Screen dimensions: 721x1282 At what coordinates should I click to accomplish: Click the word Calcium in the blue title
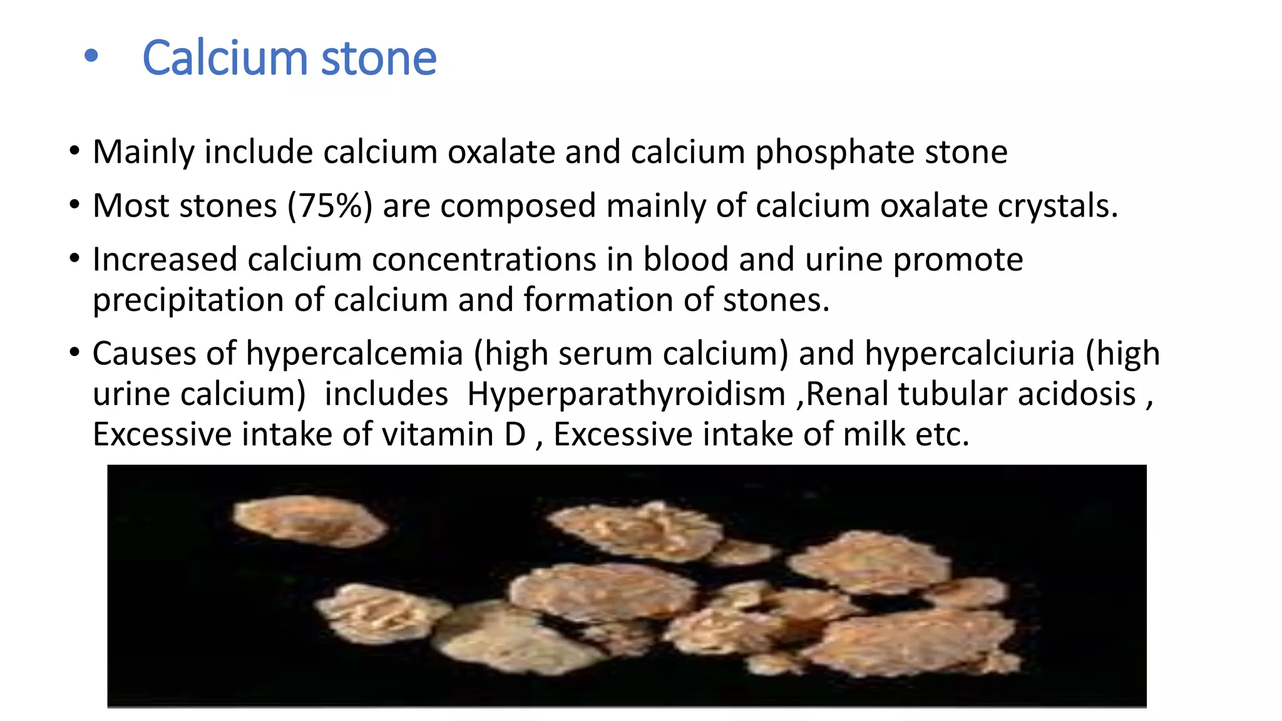(x=225, y=58)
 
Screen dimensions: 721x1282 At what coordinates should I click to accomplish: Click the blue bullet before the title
(x=91, y=56)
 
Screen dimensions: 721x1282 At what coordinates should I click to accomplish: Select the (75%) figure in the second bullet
(x=330, y=206)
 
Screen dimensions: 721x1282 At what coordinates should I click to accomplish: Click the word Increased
(x=165, y=260)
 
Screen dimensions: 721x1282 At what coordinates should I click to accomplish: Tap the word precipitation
(x=188, y=300)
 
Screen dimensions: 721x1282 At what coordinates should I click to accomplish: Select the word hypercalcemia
(x=354, y=354)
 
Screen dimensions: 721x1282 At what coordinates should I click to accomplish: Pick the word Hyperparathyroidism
(x=626, y=395)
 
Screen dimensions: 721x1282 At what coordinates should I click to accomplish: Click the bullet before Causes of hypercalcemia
(x=75, y=352)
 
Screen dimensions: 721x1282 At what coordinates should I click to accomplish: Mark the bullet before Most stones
(x=75, y=205)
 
